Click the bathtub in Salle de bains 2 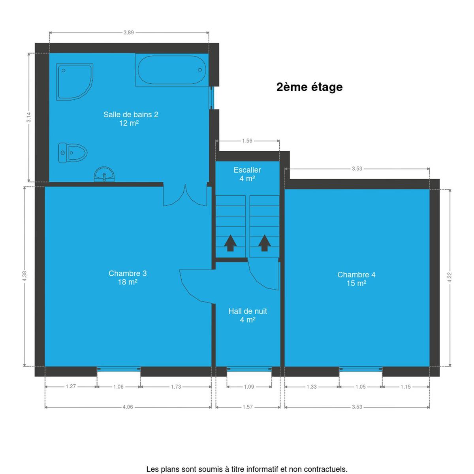172,70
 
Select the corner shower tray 74,82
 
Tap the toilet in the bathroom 73,153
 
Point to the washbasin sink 104,175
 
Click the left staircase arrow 230,243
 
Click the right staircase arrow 264,243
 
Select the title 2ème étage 309,87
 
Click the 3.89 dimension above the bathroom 129,32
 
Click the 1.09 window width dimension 249,387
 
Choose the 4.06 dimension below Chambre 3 128,407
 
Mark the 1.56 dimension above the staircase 247,141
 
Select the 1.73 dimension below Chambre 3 176,387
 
